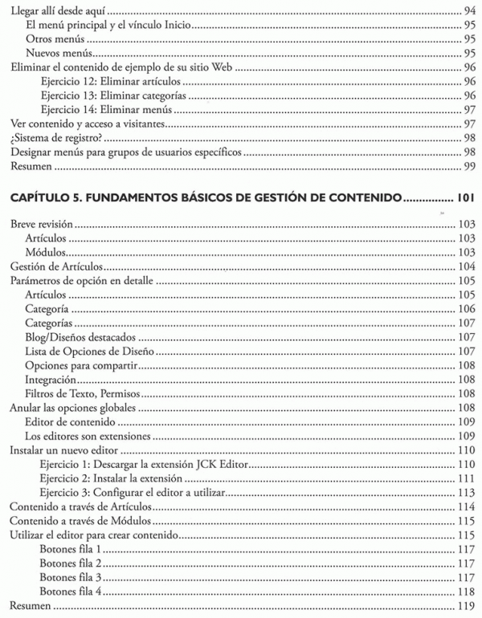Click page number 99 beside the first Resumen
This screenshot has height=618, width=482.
coord(470,167)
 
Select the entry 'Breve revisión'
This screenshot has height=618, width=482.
coord(39,226)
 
